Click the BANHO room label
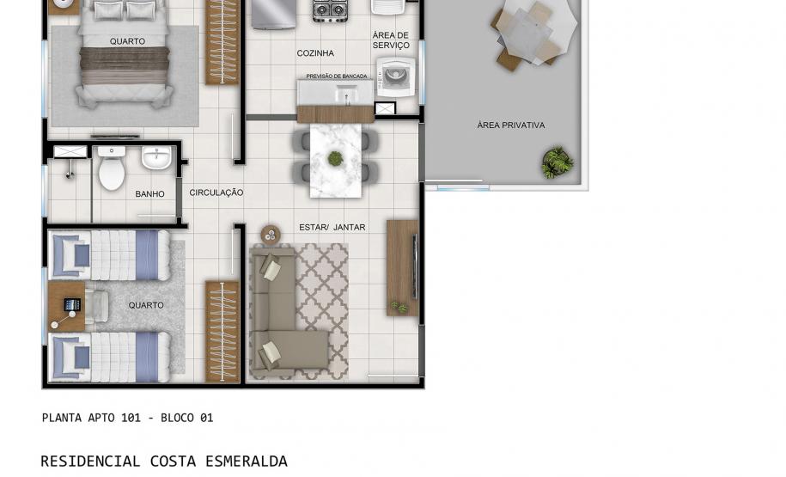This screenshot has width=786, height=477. coord(149,194)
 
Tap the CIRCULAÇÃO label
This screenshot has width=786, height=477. coord(216,193)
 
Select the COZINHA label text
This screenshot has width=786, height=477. coord(315,53)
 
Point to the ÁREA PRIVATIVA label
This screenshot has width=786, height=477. coord(511,125)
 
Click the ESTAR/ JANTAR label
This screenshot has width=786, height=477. coord(332,228)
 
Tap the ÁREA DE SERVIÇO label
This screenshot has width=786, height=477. coord(391,40)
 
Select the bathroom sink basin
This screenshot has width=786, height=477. coord(156,160)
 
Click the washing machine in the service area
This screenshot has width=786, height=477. coord(395,77)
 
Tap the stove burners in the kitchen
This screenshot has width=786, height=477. coord(329,11)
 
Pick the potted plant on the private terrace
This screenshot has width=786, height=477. coord(558,162)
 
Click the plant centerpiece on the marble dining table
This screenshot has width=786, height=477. coord(335,158)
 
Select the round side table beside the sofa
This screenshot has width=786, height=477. coord(271,234)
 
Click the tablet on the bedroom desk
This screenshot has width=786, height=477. coord(72,304)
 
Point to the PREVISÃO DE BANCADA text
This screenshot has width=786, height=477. coord(336,76)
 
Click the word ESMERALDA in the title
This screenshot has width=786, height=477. coord(246,462)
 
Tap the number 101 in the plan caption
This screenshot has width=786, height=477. coord(131,418)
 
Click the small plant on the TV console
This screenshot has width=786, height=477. coord(399,305)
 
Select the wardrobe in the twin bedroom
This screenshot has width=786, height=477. coord(222,331)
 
